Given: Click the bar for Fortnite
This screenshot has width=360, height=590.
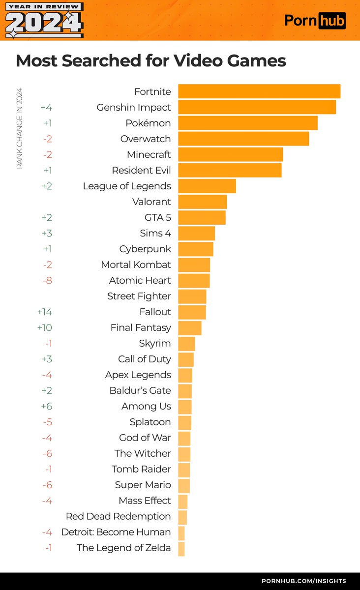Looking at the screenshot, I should (x=259, y=91).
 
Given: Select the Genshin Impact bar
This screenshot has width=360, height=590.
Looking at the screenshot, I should (x=257, y=107).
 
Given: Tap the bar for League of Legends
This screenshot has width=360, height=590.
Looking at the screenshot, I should (x=207, y=186).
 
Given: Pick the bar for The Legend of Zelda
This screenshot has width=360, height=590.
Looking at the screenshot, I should (x=181, y=548).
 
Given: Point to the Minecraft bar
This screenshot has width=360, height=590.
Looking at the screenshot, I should (x=231, y=154).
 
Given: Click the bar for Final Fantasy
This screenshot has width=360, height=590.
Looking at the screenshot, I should (x=190, y=327).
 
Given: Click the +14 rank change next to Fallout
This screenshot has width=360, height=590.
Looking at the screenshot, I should (x=45, y=312).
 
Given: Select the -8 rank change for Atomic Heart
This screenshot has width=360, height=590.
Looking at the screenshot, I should (x=47, y=280).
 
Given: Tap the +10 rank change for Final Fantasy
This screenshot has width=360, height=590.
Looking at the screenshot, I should (x=45, y=327).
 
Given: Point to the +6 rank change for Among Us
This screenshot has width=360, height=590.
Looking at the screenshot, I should (x=47, y=406).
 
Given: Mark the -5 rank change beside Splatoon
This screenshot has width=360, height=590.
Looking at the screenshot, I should (x=47, y=422).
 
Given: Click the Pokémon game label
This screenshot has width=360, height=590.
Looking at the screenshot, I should (x=148, y=123).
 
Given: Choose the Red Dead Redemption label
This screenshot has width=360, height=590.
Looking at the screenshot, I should (x=118, y=516).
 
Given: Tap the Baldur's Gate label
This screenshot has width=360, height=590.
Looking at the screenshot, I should (x=140, y=390).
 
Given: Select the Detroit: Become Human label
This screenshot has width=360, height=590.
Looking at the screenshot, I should (x=116, y=532).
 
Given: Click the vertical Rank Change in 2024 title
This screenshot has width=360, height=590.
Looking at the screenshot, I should (x=20, y=128).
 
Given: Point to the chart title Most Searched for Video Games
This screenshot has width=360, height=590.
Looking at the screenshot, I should (x=151, y=61).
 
